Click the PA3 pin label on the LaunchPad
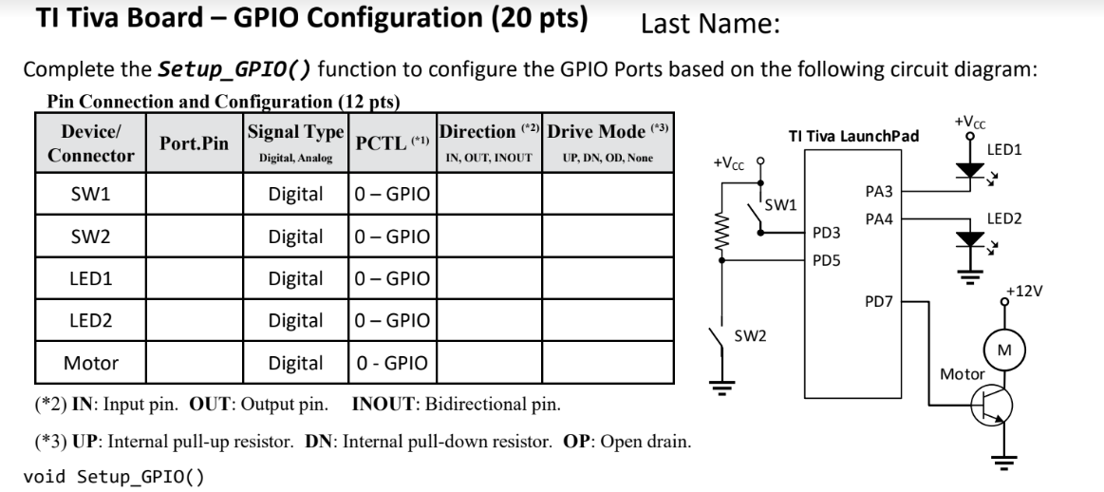(880, 192)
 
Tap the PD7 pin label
(879, 301)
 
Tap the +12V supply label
(1025, 291)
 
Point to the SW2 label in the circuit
(751, 335)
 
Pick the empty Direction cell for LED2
(489, 321)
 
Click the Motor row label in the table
(91, 362)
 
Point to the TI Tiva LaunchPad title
(853, 136)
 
